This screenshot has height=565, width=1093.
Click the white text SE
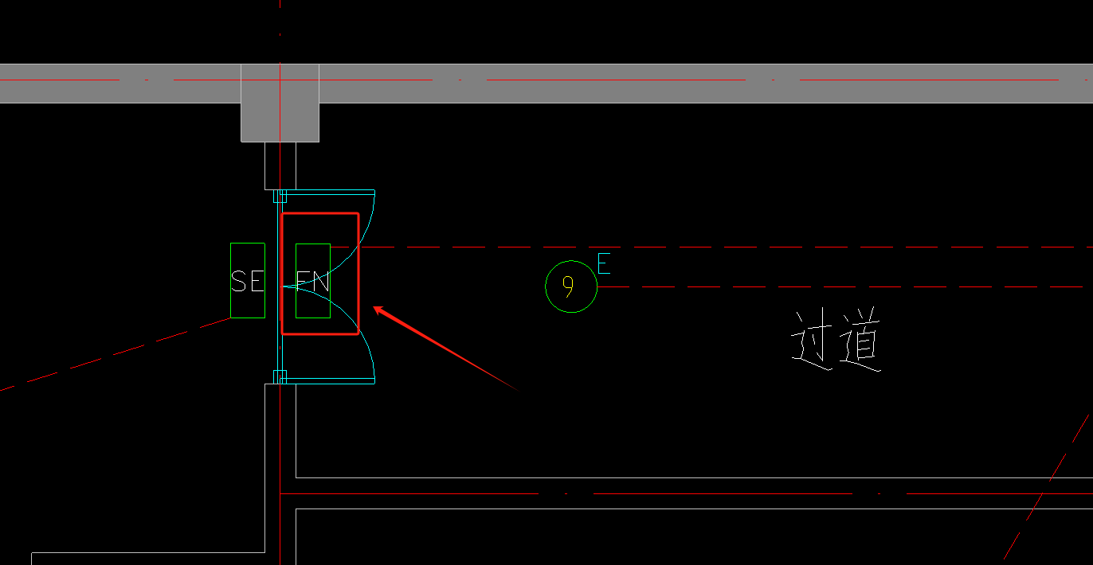tap(248, 281)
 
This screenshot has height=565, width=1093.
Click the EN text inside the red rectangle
tap(313, 282)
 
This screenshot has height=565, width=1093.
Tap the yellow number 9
tap(567, 286)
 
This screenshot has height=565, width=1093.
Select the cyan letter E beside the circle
tap(604, 263)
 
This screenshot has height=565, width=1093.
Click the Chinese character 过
tap(811, 339)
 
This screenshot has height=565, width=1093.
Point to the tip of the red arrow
tap(374, 307)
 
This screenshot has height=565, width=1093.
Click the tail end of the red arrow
tap(518, 391)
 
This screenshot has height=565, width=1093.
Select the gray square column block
tap(280, 103)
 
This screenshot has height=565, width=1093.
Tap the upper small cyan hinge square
tap(280, 196)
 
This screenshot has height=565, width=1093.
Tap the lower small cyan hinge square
tap(280, 377)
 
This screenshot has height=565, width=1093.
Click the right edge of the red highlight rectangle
tap(358, 274)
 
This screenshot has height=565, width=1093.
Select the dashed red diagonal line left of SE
tap(116, 354)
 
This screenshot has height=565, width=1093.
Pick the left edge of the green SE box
tap(231, 280)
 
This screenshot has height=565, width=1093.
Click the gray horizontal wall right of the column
tap(706, 84)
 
